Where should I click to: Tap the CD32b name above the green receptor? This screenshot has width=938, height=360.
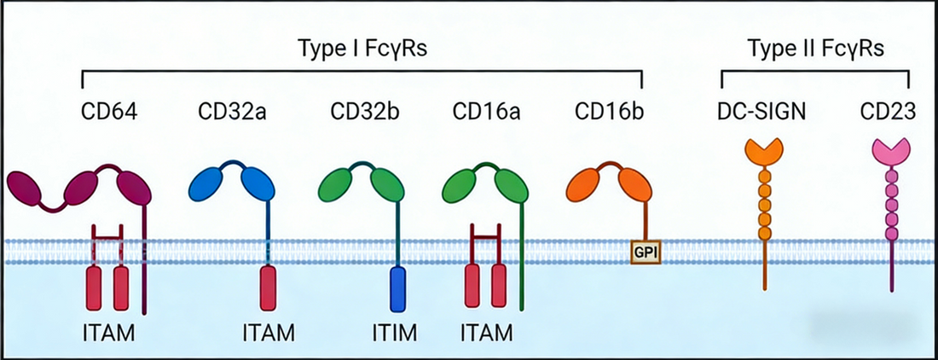[x=360, y=112]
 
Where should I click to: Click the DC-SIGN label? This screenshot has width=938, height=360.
[x=761, y=112]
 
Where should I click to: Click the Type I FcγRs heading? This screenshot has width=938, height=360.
[x=362, y=49]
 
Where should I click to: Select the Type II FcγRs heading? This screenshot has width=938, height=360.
[x=815, y=49]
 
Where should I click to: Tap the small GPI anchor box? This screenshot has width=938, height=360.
[x=646, y=251]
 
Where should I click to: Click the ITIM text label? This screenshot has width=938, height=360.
[x=395, y=332]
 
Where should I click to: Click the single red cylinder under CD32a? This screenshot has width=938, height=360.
[x=268, y=287]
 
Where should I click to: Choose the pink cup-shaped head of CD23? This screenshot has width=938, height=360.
[x=891, y=154]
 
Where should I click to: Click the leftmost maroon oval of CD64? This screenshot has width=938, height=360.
[x=31, y=186]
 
